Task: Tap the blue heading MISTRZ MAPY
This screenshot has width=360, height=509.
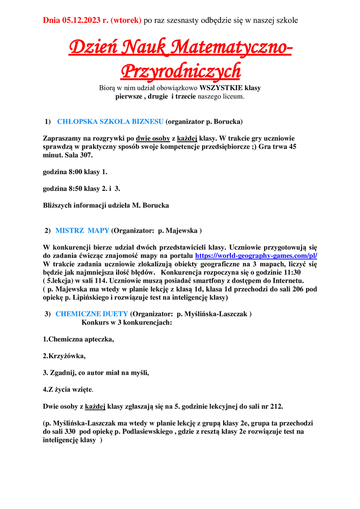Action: [82, 230]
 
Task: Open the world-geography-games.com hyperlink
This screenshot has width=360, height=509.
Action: [256, 255]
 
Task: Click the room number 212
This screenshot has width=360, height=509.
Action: [276, 406]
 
